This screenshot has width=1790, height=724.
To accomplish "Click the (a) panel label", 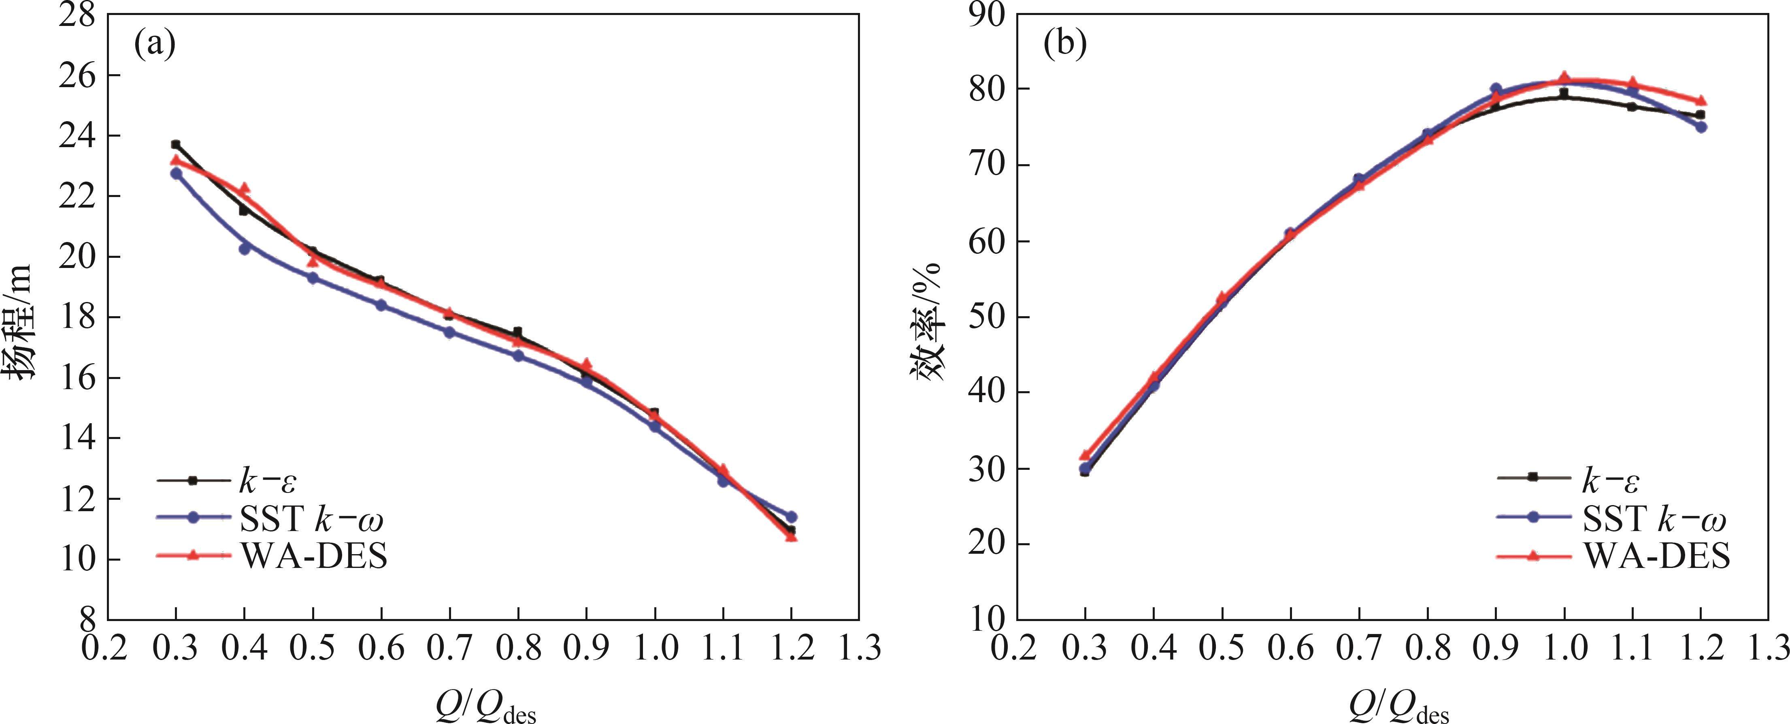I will point(154,45).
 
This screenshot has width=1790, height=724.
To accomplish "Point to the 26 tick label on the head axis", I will point(78,75).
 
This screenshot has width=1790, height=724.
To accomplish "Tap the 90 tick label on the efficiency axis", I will point(987,15).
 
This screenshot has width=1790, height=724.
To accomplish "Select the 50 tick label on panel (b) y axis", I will point(987,317).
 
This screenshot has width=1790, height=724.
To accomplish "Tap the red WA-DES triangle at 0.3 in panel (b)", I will point(1085,456).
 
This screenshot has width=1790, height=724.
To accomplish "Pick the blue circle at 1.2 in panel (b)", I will point(1701,126).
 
